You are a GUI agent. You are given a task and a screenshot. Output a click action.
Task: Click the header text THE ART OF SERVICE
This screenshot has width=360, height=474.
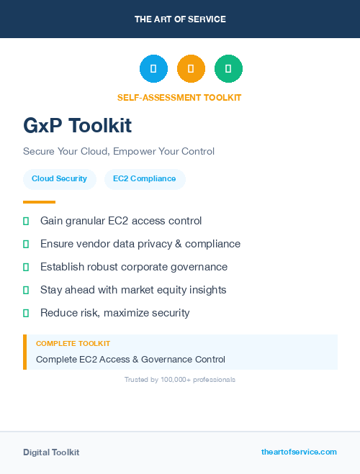(180, 19)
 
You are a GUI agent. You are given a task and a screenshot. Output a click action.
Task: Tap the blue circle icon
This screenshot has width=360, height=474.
(153, 68)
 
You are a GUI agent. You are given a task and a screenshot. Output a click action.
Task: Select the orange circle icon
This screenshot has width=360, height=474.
(191, 68)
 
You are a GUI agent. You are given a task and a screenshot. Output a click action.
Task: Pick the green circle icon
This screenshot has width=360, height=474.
(228, 68)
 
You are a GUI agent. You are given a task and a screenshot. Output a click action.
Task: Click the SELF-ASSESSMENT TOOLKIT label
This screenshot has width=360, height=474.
(179, 98)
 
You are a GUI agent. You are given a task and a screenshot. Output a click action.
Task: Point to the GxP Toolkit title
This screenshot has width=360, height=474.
(77, 126)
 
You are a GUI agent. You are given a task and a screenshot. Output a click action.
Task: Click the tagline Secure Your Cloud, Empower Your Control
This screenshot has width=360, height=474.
(119, 151)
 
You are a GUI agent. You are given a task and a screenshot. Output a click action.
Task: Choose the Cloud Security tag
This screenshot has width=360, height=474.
(59, 179)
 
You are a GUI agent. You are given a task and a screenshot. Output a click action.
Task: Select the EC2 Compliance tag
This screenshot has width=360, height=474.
(144, 179)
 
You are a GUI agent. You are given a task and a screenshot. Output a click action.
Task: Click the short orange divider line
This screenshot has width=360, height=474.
(39, 202)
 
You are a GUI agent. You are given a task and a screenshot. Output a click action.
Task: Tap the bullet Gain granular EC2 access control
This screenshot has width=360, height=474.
(121, 221)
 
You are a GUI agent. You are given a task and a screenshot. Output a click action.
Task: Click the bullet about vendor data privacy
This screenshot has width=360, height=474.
(140, 244)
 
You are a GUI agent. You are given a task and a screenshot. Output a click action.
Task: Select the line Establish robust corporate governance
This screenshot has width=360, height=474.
(134, 267)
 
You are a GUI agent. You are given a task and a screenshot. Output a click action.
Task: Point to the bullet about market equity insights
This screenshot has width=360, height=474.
(133, 290)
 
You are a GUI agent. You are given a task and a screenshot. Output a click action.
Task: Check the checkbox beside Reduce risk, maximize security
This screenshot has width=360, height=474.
(26, 313)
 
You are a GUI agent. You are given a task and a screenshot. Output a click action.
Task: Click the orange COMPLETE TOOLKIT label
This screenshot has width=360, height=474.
(73, 344)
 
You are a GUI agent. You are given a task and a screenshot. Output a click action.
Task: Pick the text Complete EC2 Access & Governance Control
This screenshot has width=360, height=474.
(130, 359)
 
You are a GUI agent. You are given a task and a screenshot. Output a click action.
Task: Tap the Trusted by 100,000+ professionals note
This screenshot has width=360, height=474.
(180, 379)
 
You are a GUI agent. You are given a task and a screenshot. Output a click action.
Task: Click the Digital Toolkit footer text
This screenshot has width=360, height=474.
(51, 452)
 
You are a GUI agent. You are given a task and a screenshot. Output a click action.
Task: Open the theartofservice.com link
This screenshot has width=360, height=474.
(299, 452)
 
